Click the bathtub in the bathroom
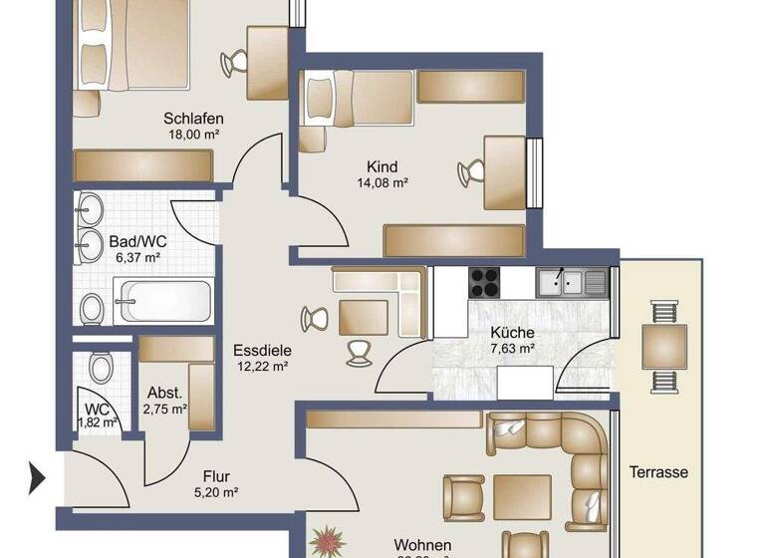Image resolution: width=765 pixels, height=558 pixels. click(x=162, y=301)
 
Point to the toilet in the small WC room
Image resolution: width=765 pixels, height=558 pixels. click(x=101, y=369)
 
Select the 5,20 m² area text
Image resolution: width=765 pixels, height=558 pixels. click(x=216, y=491)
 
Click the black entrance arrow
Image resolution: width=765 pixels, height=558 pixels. click(x=38, y=478)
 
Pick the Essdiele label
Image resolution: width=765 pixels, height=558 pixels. click(x=260, y=350)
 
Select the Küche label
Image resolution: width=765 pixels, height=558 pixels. click(x=513, y=332)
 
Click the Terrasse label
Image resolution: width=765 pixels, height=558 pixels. click(x=658, y=472)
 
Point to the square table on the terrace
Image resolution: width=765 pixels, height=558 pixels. click(x=663, y=347)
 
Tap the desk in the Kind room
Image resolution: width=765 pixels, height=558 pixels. click(x=504, y=171)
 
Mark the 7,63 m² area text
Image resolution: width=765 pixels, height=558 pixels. click(x=513, y=349)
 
